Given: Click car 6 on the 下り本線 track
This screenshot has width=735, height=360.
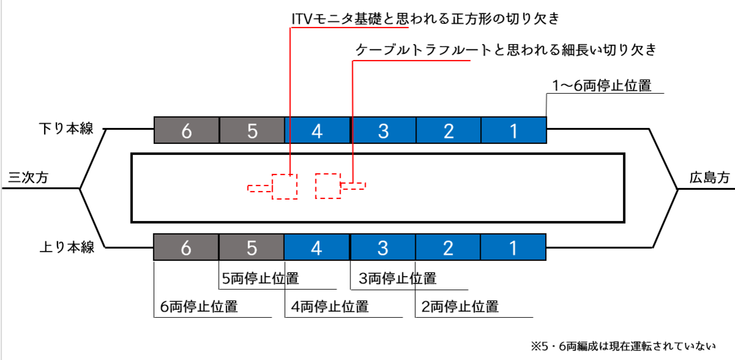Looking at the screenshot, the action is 186,130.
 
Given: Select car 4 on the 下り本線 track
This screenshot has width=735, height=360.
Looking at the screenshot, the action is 317,130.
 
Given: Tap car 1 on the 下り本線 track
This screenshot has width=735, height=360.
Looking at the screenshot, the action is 513,130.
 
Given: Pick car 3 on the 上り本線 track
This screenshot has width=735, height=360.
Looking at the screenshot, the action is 383,248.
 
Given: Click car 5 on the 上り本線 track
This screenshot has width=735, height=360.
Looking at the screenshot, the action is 252,248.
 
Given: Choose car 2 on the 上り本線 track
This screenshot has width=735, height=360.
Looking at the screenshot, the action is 448,248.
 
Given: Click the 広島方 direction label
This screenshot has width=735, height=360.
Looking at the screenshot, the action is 709,178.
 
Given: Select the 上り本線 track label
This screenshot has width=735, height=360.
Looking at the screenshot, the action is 66,247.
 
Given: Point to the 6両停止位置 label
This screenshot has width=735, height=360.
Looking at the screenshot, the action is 198,307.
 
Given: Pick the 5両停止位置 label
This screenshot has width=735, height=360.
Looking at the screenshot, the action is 260,279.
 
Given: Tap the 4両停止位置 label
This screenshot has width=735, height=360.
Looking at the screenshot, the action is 329,307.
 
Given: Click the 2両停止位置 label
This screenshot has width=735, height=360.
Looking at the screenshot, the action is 459,307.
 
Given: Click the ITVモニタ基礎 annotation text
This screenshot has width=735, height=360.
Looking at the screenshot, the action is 425,19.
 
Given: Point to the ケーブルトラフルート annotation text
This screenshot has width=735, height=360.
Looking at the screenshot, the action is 506,50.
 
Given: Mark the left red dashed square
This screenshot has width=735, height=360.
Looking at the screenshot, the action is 284,186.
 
